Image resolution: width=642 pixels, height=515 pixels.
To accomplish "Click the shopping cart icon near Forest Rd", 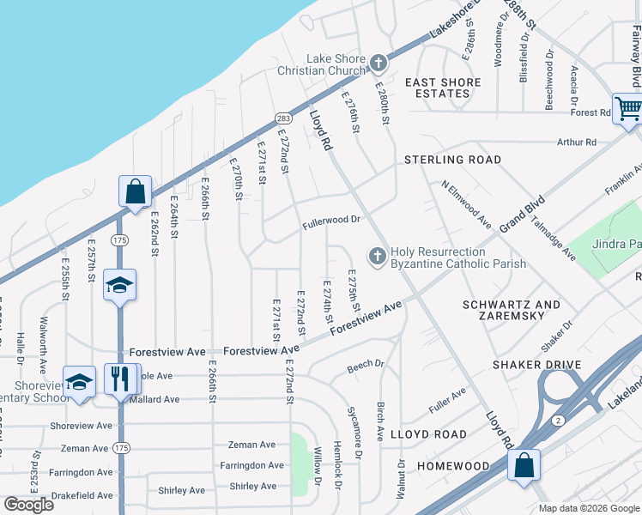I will pos(628,109).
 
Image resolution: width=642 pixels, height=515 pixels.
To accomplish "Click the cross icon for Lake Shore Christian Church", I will pos(378,64).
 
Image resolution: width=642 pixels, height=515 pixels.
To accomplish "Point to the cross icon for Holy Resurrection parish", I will pos(376,256).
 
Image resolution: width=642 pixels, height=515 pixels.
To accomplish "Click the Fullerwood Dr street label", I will pos(330,221).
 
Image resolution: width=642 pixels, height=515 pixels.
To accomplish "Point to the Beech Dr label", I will pos(366,367).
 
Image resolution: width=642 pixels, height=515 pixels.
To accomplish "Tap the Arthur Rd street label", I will pos(576,142).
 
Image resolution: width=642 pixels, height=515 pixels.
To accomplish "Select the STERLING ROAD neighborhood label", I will pos(452,160).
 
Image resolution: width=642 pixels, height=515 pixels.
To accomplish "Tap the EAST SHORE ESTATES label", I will pos(443,88).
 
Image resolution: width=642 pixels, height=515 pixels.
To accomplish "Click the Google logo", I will pos(28,505).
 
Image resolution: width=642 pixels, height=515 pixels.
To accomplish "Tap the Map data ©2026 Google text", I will pos(588,508).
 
